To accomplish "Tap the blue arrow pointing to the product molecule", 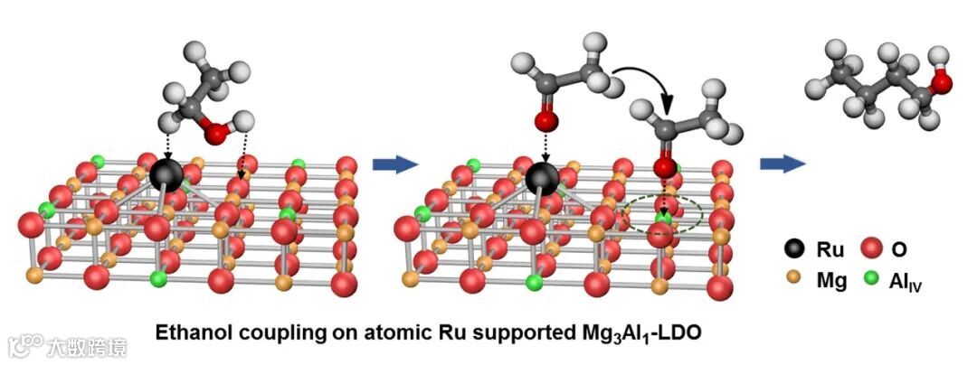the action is pos(783,164).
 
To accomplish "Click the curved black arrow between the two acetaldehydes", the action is pos(646,82).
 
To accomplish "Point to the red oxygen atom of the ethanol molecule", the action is pos(215,135).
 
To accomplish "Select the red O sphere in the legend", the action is pos(873,248).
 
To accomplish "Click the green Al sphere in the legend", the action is pos(873,282).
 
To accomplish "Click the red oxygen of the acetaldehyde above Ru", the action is pos(544,122).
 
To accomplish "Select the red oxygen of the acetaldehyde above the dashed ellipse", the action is pos(665,167).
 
